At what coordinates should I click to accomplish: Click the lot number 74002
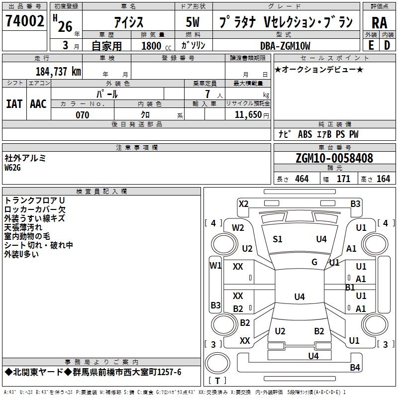(x=24, y=21)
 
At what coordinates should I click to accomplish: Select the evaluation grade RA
(x=379, y=23)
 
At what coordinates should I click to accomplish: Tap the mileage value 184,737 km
(x=58, y=72)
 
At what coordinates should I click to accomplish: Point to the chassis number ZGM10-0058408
(x=334, y=158)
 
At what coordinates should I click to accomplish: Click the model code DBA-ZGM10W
(x=285, y=46)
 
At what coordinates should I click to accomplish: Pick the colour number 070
(x=83, y=115)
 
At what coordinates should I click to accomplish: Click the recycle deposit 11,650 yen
(x=252, y=115)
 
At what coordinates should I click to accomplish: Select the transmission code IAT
(x=14, y=104)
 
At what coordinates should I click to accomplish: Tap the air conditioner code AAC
(x=38, y=104)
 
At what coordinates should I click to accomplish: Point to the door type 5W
(x=193, y=22)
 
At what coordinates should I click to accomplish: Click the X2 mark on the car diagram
(x=243, y=204)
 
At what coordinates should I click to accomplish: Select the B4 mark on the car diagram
(x=355, y=367)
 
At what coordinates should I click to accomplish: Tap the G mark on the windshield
(x=314, y=262)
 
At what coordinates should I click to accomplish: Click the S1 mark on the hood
(x=277, y=239)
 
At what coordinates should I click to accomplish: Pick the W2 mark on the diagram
(x=238, y=228)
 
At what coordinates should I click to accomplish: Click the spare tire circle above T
(x=217, y=363)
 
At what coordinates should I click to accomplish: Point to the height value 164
(x=383, y=179)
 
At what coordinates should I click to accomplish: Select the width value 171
(x=343, y=179)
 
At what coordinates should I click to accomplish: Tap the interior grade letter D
(x=387, y=45)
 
